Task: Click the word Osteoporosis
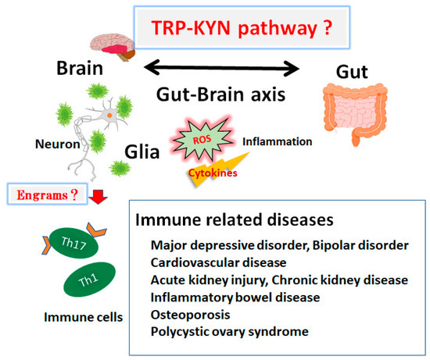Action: point(195,315)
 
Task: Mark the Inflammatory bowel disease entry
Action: point(232,298)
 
